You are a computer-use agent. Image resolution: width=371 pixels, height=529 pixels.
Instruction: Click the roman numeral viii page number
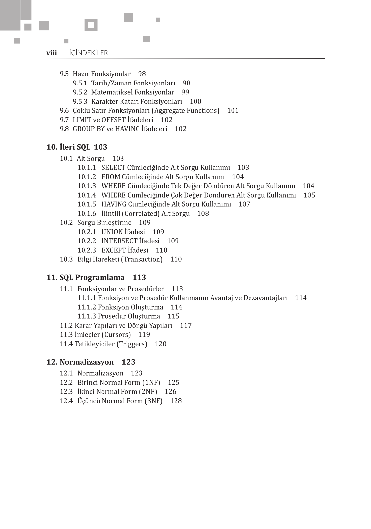pyautogui.click(x=52, y=53)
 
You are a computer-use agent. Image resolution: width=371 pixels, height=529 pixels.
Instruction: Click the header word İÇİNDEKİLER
pyautogui.click(x=88, y=53)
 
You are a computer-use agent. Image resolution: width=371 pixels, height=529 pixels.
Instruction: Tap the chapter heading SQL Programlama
pyautogui.click(x=92, y=278)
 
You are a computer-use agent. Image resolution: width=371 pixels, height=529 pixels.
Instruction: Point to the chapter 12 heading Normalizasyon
pyautogui.click(x=86, y=362)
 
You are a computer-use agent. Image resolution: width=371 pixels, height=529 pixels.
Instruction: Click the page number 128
pyautogui.click(x=176, y=401)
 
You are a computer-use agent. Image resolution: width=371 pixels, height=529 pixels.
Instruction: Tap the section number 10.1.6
pyautogui.click(x=87, y=214)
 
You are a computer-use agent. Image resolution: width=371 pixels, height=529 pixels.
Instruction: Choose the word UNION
pyautogui.click(x=112, y=232)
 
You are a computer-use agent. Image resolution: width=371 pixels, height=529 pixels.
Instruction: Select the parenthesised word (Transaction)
pyautogui.click(x=142, y=259)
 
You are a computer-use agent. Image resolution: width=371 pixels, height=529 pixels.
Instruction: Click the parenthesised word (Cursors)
pyautogui.click(x=116, y=335)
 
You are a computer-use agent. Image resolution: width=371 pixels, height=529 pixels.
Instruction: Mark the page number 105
pyautogui.click(x=309, y=195)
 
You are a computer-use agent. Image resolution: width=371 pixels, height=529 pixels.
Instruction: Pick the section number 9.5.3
pyautogui.click(x=80, y=102)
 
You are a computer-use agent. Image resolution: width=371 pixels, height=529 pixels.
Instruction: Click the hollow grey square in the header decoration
pyautogui.click(x=91, y=25)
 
